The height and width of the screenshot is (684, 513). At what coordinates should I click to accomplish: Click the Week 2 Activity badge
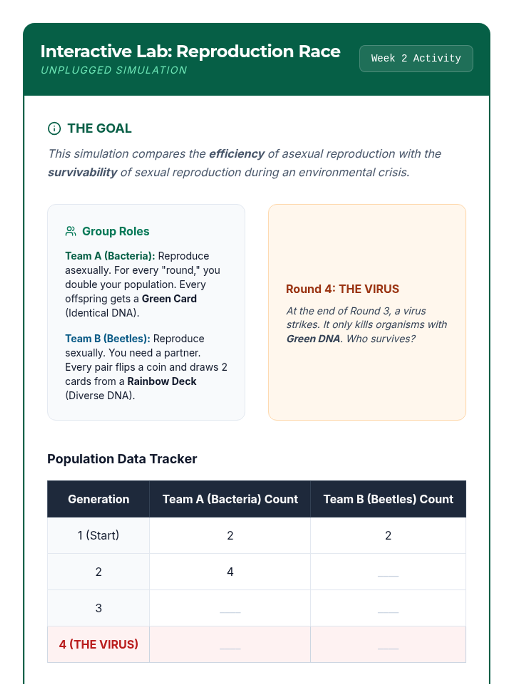coord(416,59)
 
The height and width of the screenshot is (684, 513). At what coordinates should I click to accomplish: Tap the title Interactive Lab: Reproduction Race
coord(190,51)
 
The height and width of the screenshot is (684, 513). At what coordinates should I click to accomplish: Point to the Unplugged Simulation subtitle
coord(114,70)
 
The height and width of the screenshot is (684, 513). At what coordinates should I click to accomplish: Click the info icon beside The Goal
coord(54,128)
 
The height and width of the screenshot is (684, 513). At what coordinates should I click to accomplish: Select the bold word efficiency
coord(237,154)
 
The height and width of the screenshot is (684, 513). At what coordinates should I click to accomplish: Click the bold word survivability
coord(83,172)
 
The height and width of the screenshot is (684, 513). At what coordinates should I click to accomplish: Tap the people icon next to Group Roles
coord(71,231)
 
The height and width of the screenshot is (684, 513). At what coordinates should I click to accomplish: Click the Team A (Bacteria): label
coord(110,256)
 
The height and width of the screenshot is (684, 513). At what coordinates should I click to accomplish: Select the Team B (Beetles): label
coord(107,339)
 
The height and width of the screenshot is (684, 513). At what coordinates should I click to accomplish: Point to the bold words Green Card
coord(169,299)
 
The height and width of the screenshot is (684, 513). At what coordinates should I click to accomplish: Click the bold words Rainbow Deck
coord(162,381)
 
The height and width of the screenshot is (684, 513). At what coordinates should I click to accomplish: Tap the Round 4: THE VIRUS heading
coord(342,289)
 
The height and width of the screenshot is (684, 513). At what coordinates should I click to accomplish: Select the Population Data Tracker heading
coord(122,459)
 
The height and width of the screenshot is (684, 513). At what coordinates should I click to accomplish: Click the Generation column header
coord(98,499)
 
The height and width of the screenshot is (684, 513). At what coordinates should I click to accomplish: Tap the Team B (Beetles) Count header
coord(388,499)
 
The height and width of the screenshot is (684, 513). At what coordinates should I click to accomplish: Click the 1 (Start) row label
coord(98,535)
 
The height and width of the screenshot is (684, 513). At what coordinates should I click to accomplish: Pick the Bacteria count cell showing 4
coord(230,572)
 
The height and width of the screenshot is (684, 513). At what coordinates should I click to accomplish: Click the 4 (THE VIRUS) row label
coord(98,644)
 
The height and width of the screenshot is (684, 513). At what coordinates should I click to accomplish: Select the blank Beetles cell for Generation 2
coord(388,573)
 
